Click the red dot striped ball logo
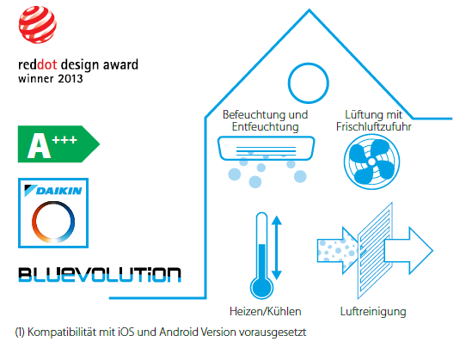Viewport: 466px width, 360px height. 38,25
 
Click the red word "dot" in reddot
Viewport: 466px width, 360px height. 47,64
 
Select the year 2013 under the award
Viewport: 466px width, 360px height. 71,79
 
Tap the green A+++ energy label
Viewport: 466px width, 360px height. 58,144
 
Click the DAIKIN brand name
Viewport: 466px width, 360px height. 58,191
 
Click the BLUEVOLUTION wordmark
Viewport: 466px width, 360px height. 100,274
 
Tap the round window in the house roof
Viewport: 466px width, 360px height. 308,63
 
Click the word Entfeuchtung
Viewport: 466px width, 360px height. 265,127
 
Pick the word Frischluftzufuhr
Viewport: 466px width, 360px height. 373,127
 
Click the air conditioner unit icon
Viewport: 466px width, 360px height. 266,149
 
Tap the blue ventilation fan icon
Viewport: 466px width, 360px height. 371,162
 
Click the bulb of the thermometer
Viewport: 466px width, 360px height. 262,288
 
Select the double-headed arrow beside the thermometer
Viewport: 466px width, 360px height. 277,247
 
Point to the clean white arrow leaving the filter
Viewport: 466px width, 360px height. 408,251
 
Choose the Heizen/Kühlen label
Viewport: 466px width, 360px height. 266,312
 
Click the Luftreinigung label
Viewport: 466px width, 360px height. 373,312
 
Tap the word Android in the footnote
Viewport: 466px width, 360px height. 179,333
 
